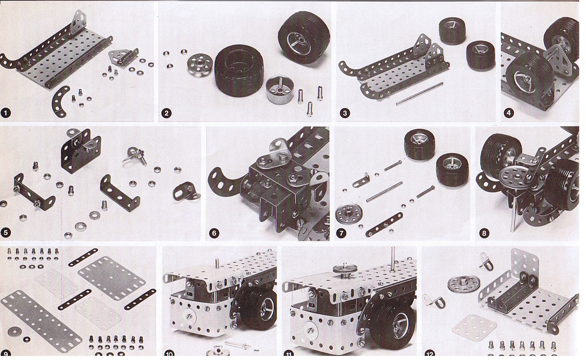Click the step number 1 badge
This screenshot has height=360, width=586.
pyautogui.click(x=5, y=113)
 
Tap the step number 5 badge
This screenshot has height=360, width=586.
pyautogui.click(x=5, y=233)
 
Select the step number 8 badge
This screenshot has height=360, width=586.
pyautogui.click(x=484, y=233)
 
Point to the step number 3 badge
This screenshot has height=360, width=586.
pyautogui.click(x=345, y=113)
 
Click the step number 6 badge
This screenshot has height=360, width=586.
pyautogui.click(x=214, y=233)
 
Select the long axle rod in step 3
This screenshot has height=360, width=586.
pyautogui.click(x=419, y=93)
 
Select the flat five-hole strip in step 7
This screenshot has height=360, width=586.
pyautogui.click(x=384, y=225)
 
